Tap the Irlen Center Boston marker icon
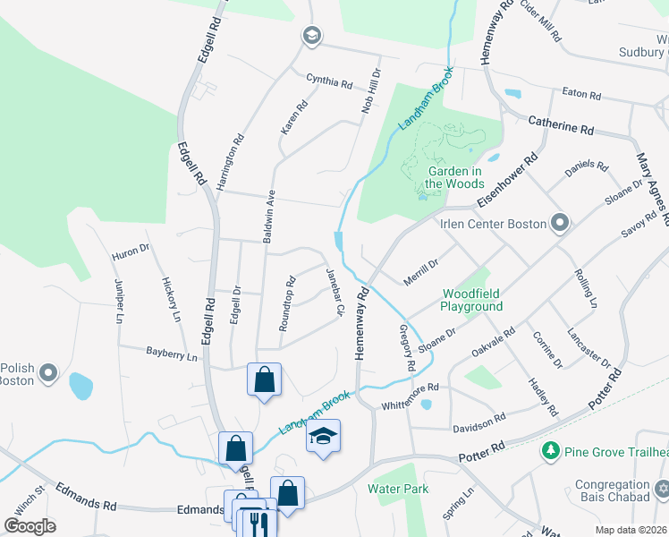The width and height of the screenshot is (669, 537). click(x=561, y=222)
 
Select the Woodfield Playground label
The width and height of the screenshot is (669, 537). click(x=471, y=299)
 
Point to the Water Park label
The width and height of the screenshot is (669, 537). click(x=398, y=489)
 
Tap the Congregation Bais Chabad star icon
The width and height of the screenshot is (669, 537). click(x=662, y=490)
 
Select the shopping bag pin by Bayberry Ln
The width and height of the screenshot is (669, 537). click(x=265, y=379)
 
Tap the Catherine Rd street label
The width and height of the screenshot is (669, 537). click(x=561, y=124)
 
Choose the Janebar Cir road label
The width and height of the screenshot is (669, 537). click(x=334, y=293)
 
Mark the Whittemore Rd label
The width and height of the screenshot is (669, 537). click(x=411, y=395)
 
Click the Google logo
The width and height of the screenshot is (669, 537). click(x=30, y=526)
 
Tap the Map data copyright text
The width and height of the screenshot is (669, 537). click(x=631, y=530)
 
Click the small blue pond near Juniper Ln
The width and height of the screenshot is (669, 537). click(x=80, y=386)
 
